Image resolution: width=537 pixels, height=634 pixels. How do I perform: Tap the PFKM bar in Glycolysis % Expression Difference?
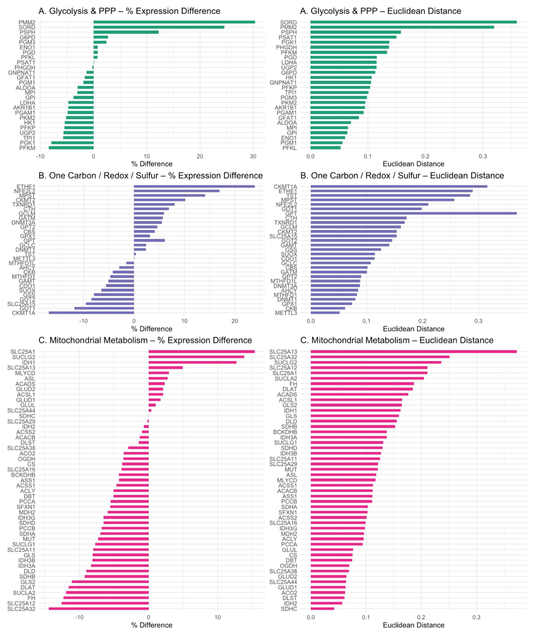(x=71, y=148)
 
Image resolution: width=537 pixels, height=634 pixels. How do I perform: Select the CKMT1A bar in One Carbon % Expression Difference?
(x=91, y=312)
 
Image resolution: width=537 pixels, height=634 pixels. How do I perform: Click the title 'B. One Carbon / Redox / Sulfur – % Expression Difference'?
(x=150, y=176)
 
